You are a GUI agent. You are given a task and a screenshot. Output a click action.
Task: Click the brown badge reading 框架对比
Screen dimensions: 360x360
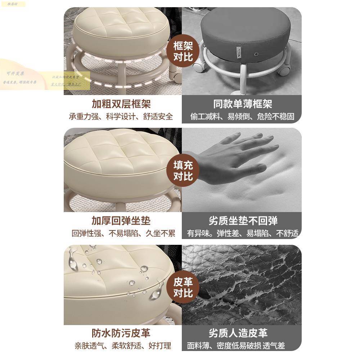tap(183, 51)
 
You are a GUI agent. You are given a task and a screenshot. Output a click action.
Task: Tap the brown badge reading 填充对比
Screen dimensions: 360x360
tap(183, 171)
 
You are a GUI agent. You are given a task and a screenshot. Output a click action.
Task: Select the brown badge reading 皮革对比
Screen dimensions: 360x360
tap(183, 287)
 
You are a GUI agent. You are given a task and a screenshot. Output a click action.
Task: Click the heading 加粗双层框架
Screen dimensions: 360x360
tap(121, 104)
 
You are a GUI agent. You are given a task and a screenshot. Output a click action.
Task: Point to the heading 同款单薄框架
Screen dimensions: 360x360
tap(243, 104)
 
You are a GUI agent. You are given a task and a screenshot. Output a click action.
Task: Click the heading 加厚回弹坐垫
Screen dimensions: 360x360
tap(121, 221)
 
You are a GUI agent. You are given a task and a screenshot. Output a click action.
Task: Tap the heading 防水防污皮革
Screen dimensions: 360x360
tap(121, 333)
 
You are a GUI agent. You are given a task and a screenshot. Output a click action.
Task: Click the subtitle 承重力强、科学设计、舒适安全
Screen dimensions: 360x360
tap(121, 117)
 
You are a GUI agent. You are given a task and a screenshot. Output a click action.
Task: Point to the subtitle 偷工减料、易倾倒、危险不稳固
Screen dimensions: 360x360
tap(242, 117)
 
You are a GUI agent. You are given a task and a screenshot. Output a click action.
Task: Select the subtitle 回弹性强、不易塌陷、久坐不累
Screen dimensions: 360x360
tap(123, 233)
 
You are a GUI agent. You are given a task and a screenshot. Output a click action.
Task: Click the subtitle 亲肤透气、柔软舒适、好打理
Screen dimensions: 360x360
tap(123, 346)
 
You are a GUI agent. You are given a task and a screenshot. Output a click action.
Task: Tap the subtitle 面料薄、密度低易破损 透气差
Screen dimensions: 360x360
tap(236, 346)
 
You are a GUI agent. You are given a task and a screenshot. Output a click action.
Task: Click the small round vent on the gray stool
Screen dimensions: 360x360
tap(256, 54)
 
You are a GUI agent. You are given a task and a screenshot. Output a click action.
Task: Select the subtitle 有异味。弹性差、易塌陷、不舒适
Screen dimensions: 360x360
tap(243, 233)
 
